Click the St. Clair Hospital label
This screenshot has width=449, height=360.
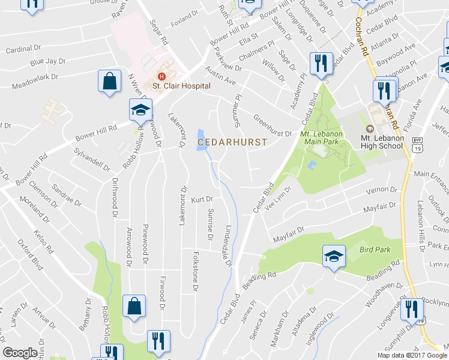181,86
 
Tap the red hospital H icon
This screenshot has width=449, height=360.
161,76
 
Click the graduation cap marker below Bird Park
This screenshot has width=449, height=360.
334,257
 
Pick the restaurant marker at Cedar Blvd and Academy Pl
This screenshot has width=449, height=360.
321,64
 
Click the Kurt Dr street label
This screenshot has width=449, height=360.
202,199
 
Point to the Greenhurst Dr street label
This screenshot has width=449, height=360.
272,126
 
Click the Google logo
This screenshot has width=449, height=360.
20,353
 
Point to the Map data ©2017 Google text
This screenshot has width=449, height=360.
411,355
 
